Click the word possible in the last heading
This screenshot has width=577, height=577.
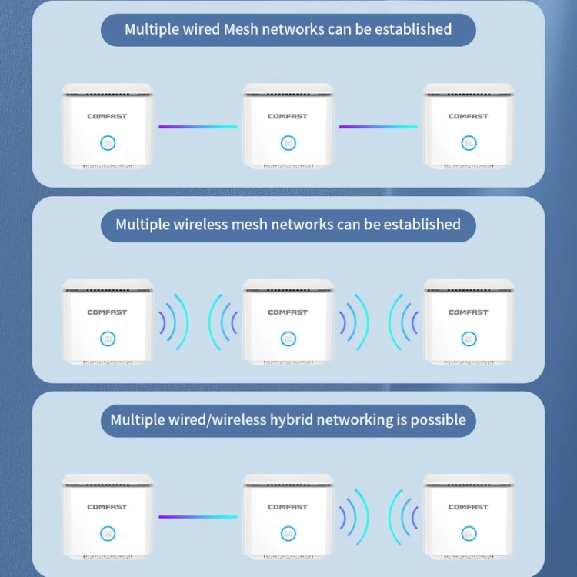(438, 420)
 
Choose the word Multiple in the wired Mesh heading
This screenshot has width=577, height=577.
(154, 29)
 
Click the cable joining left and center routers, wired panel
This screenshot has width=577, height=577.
(198, 126)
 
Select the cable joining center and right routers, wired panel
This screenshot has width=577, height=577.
(379, 126)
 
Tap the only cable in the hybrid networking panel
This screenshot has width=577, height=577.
(198, 517)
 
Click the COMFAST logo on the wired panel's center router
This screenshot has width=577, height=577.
(288, 117)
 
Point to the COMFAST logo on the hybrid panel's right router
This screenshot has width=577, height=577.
(469, 507)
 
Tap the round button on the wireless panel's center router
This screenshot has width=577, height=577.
(288, 339)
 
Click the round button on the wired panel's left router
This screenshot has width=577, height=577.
(107, 142)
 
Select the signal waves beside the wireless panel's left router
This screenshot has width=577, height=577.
(173, 322)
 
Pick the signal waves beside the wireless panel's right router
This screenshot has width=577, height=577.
(404, 322)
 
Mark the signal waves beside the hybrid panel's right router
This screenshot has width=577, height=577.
(404, 517)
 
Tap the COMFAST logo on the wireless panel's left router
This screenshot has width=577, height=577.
(107, 312)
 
